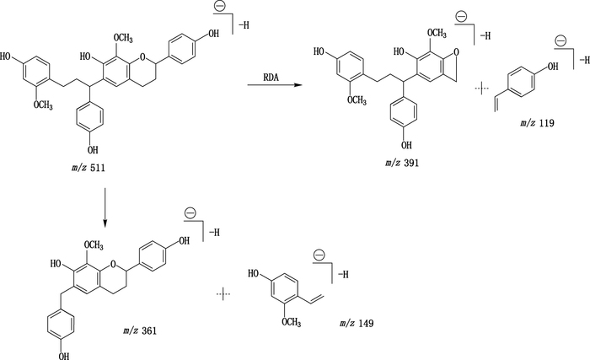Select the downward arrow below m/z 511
(105, 206)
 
